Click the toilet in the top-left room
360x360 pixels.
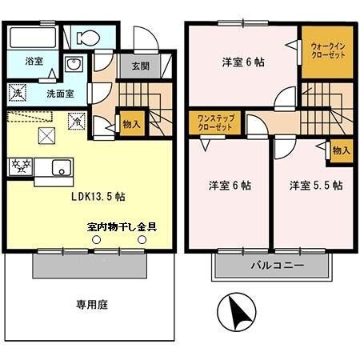click(87, 37)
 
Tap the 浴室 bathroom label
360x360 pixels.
click(33, 61)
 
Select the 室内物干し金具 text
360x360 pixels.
click(122, 226)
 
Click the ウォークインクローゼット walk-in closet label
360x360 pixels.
click(327, 53)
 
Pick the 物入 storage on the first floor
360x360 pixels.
click(131, 123)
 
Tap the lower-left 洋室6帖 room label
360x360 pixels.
click(230, 186)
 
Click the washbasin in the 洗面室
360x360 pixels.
click(73, 67)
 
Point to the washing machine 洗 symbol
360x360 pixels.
click(18, 93)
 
